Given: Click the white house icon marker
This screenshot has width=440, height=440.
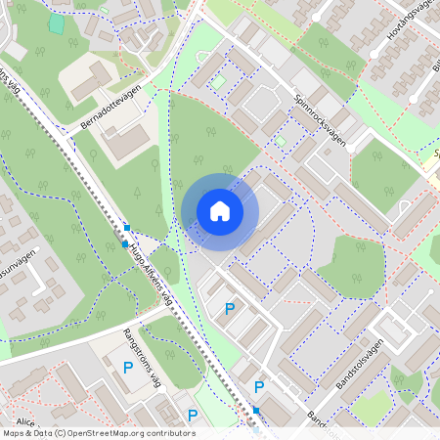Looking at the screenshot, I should pos(220,210).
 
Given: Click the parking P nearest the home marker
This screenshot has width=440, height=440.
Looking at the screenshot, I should pos(230,309).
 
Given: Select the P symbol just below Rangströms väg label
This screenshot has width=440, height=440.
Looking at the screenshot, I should pos(128,368).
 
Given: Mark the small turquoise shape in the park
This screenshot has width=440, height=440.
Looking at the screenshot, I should pos(57,22).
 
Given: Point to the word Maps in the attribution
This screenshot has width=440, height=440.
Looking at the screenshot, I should pos(14,432).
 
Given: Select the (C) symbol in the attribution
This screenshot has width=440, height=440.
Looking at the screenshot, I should pos(60,432).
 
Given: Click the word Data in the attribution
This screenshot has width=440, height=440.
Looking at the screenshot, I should pos(41,432).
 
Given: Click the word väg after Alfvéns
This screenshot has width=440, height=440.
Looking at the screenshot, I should pos(179,296).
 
